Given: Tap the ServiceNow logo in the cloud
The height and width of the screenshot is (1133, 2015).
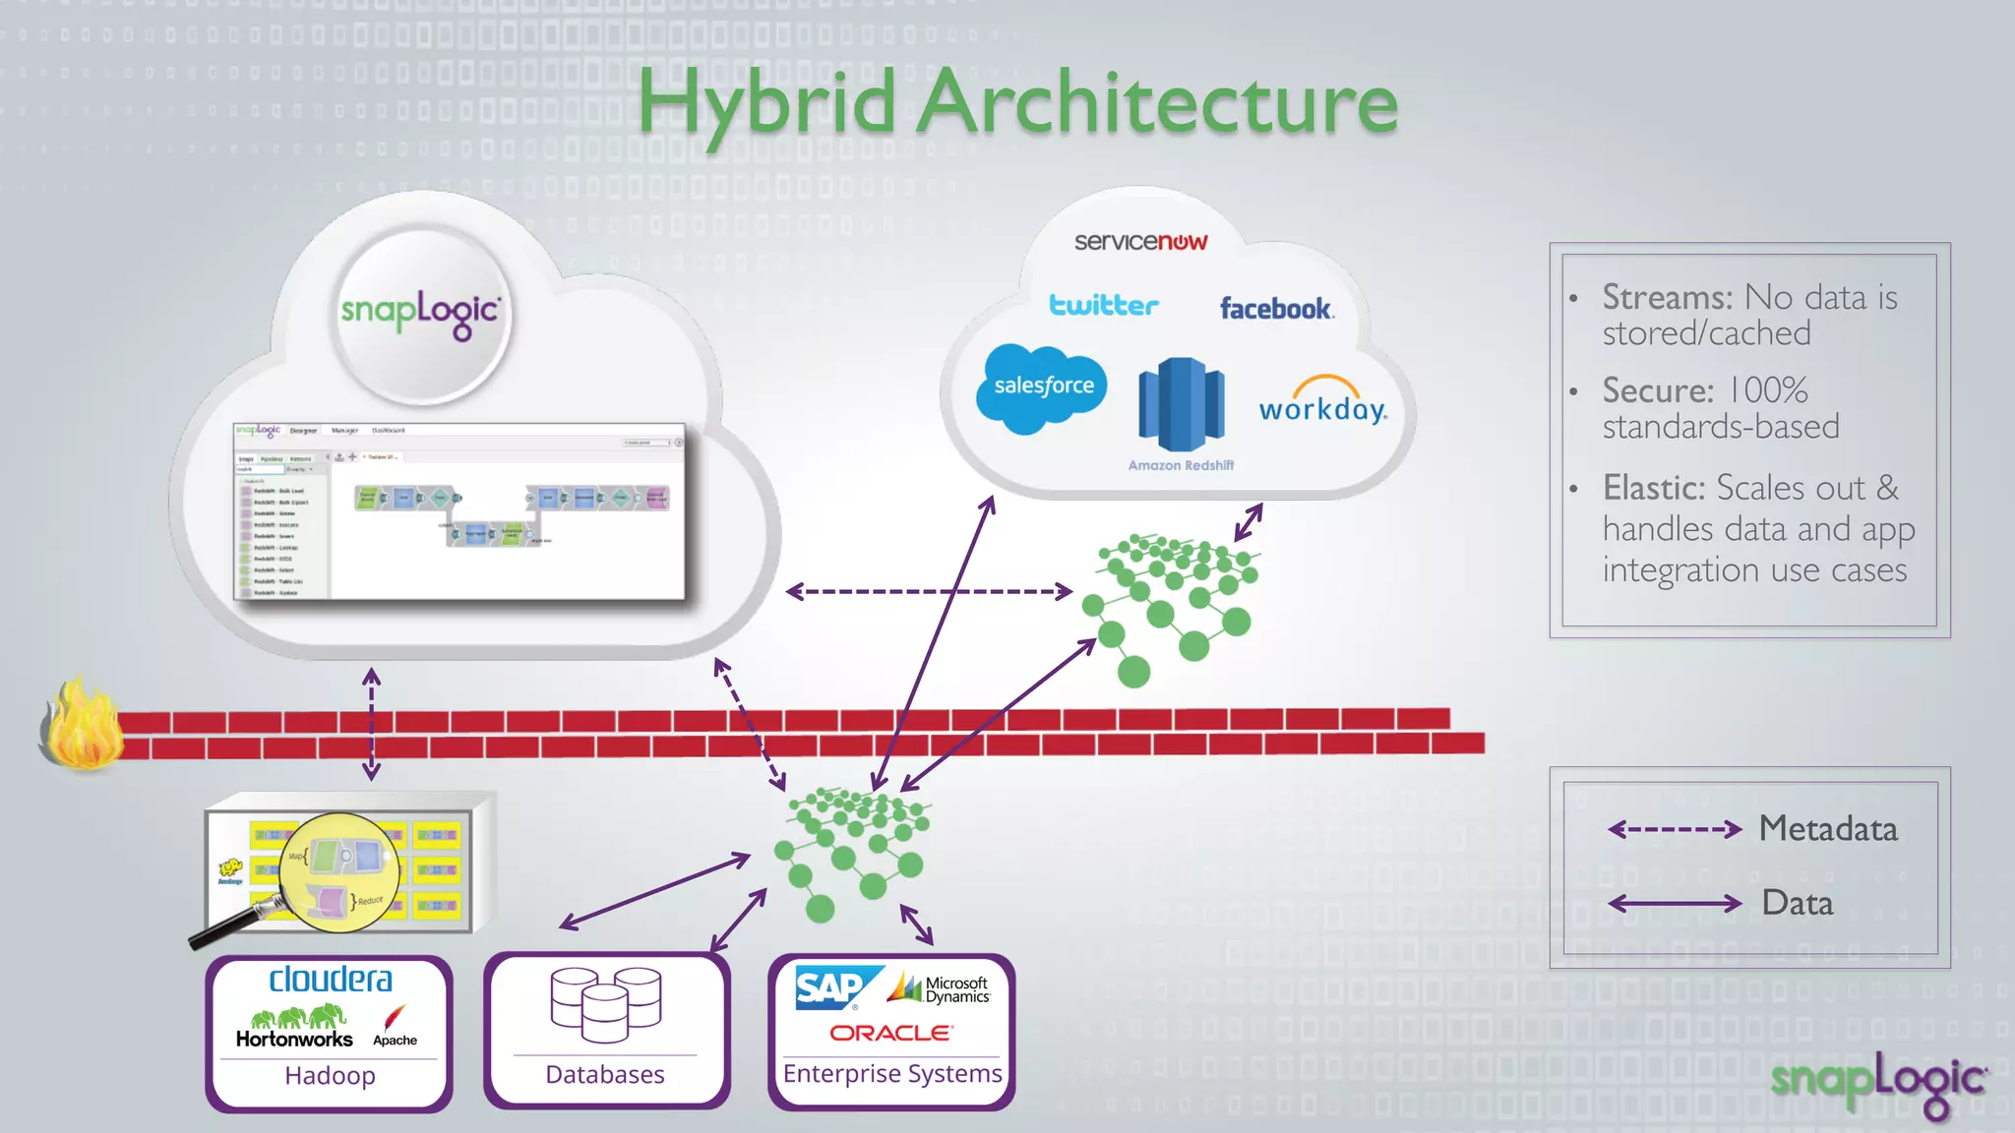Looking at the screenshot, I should (1140, 242).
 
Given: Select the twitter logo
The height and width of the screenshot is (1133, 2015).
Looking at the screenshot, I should (1104, 305).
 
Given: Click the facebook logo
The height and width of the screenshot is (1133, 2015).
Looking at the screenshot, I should (1276, 309).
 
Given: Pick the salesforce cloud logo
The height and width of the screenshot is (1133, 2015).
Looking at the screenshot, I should (1043, 388).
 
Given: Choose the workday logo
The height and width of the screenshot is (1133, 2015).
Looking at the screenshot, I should (1323, 401).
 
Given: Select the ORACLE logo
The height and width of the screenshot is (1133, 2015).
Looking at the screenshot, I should (890, 1033).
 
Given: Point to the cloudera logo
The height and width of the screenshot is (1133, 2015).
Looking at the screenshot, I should (331, 980).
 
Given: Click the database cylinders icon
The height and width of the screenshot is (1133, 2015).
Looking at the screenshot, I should (605, 1003).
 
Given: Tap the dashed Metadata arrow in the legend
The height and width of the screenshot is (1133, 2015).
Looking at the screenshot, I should (1674, 829).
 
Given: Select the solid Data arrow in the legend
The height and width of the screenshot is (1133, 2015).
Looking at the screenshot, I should (1674, 903).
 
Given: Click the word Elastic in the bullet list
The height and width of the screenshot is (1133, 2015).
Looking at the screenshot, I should (1653, 488).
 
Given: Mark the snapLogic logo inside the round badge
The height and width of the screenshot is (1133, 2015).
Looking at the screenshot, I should (421, 313).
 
